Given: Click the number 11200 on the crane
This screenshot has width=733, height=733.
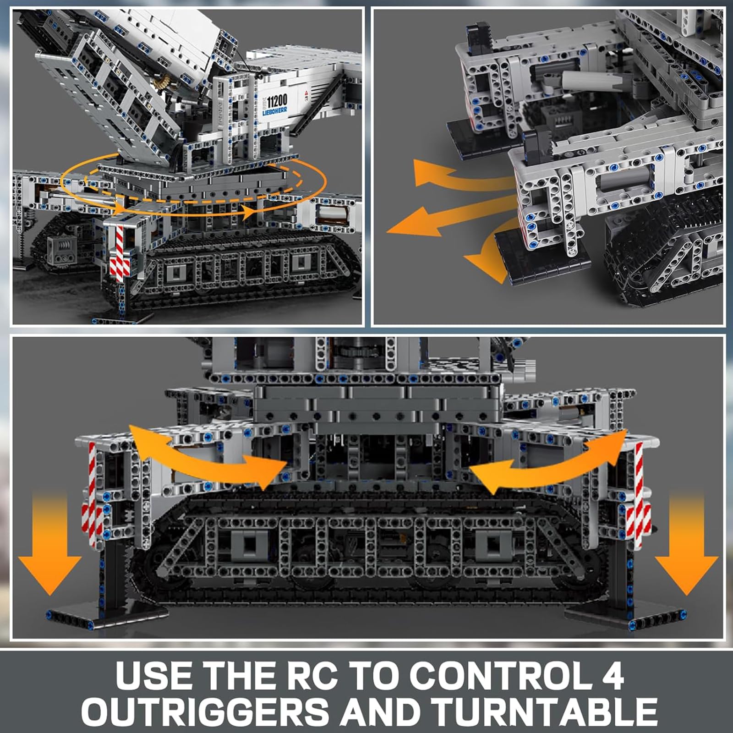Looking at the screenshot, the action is pos(277,100).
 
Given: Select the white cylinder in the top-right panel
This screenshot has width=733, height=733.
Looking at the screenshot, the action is pos(581,78).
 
